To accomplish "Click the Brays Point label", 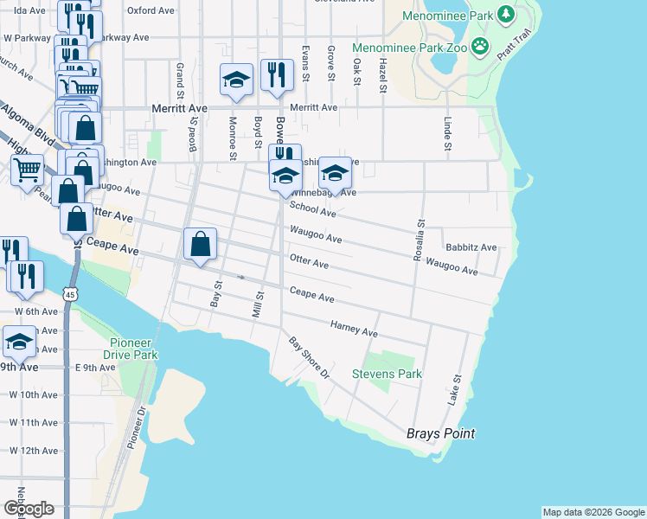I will (441, 433).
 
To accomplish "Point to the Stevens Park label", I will (387, 375).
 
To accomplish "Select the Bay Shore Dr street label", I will (310, 358).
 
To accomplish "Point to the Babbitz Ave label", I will (471, 247).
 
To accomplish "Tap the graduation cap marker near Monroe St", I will (235, 80).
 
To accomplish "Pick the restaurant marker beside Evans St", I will (276, 75).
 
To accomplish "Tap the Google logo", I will (29, 509).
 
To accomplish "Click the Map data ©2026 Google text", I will (593, 512).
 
